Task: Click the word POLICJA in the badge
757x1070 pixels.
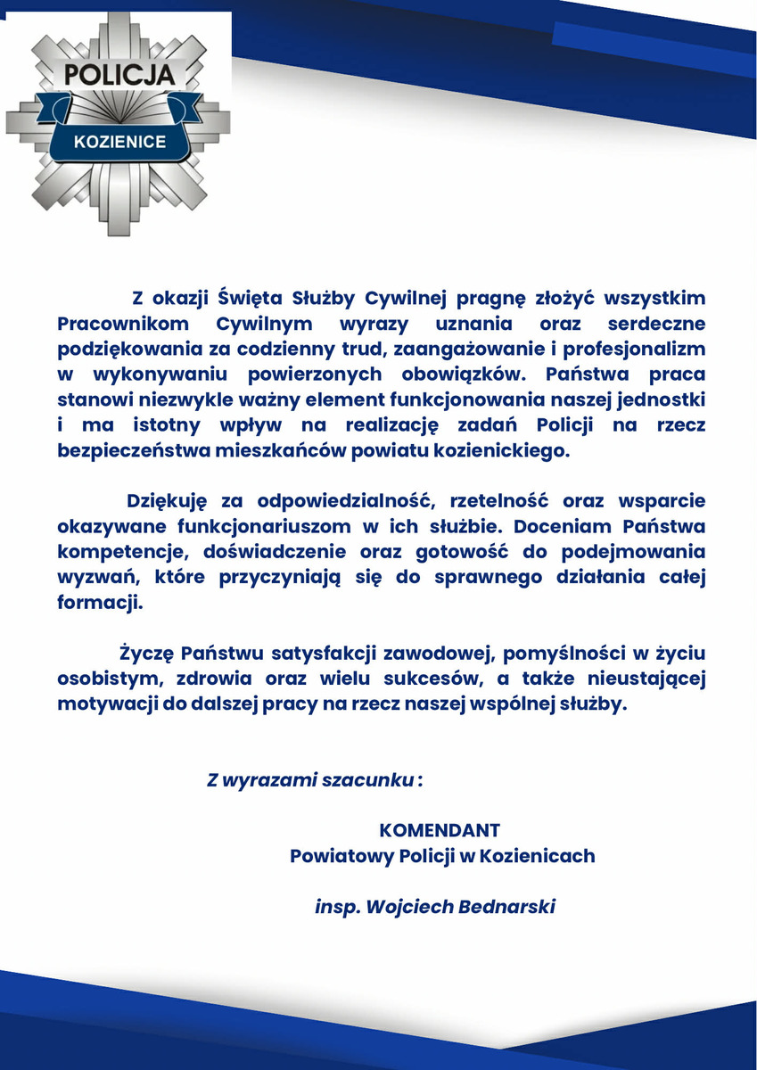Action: coord(118,75)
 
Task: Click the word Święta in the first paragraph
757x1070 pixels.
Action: coord(251,297)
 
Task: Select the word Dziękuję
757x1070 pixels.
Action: coord(167,501)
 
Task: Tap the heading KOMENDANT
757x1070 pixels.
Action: coord(440,831)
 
